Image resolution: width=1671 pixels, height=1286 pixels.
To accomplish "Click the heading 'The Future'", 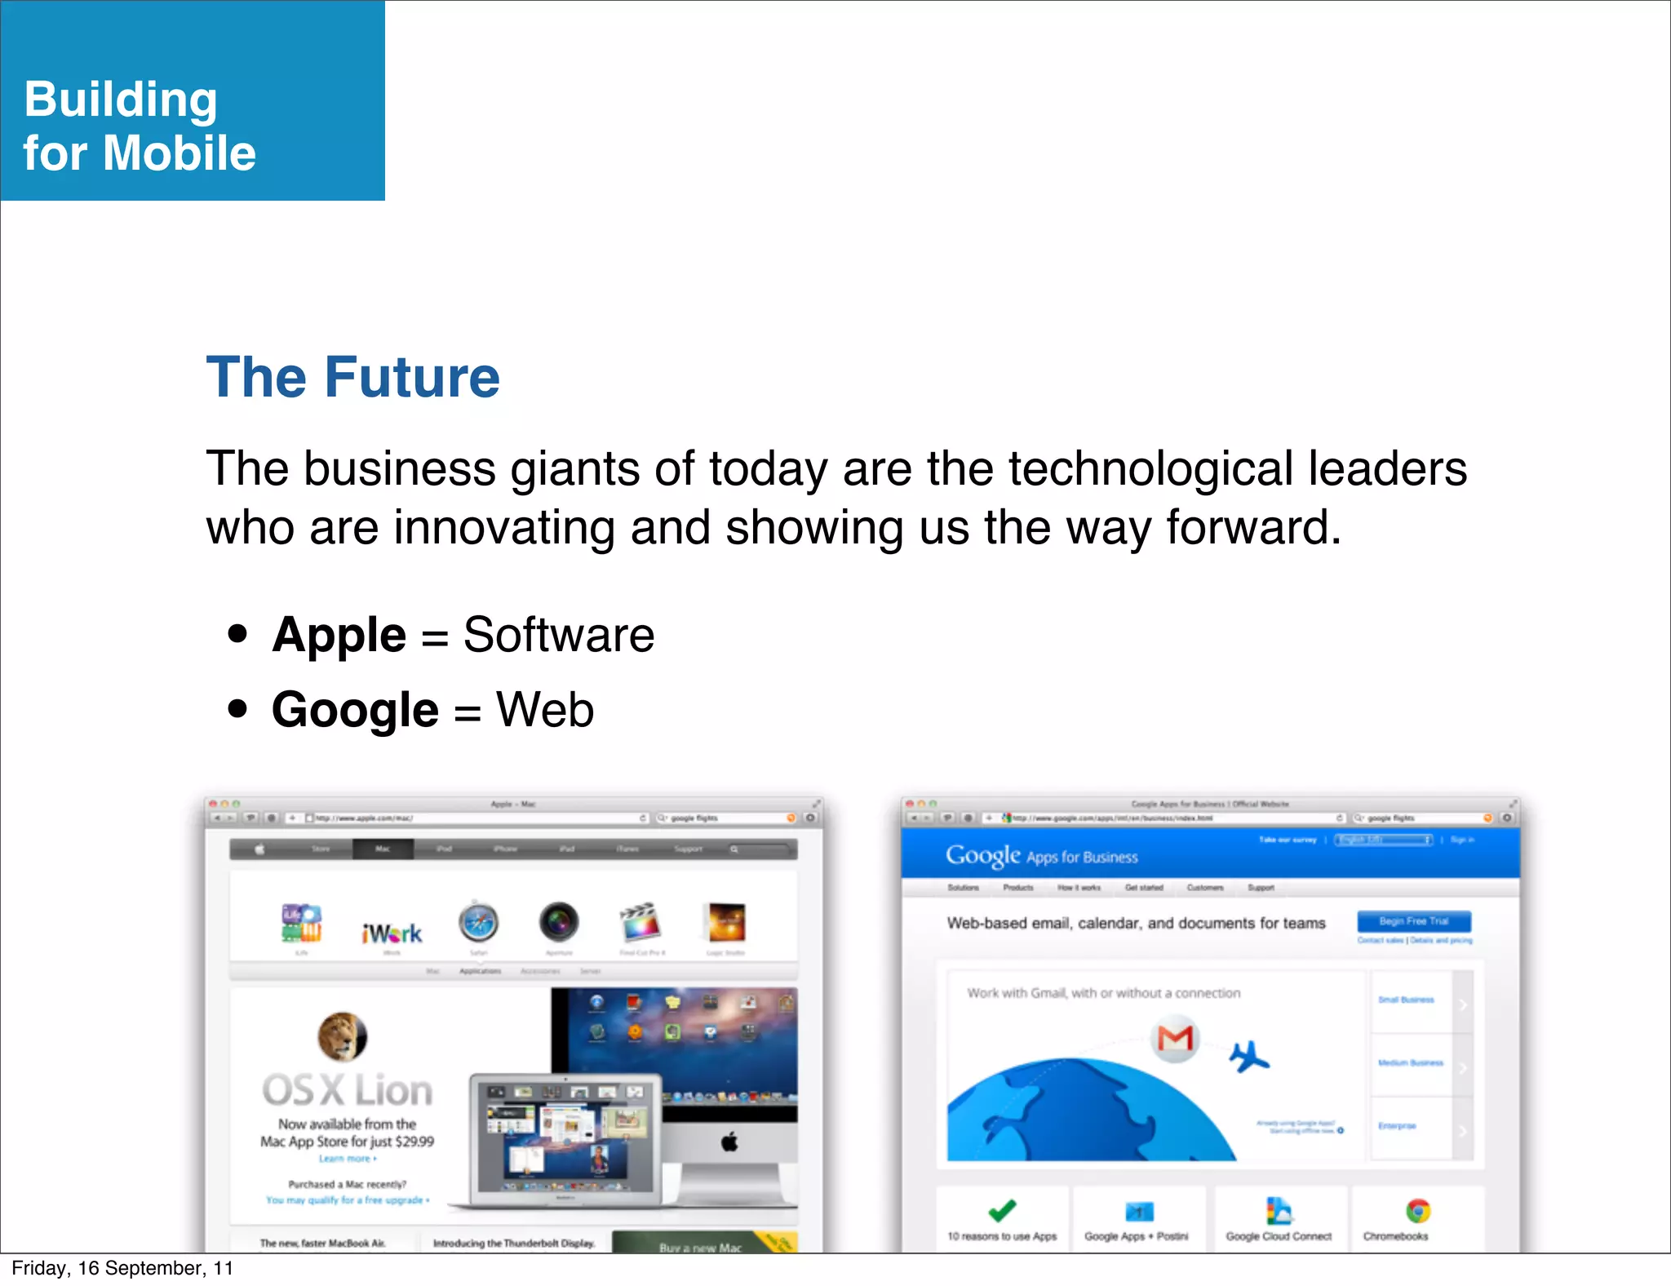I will [352, 378].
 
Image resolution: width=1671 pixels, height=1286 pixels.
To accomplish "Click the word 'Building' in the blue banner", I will [121, 100].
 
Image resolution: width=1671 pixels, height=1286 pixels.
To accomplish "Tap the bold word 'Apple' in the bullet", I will [339, 635].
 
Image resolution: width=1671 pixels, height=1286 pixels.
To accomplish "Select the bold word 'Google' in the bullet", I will [355, 709].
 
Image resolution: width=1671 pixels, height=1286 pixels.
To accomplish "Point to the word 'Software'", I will [558, 635].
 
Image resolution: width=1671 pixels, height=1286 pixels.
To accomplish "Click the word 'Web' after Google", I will [545, 709].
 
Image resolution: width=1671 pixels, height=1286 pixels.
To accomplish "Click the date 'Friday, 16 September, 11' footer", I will [122, 1268].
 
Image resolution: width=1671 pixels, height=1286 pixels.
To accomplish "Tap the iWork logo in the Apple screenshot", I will [392, 933].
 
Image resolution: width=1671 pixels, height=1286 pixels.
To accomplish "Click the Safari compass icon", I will [478, 924].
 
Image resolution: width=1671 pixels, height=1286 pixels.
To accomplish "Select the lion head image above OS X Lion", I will [342, 1036].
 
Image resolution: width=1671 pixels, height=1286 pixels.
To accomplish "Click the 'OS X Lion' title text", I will [348, 1090].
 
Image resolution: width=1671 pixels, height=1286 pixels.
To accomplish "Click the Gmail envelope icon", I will [1175, 1038].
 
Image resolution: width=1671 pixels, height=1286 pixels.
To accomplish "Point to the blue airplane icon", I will [1248, 1058].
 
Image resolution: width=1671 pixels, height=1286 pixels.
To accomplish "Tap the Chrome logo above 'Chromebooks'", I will [1418, 1210].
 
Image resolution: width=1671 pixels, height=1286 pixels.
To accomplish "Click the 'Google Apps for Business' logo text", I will [1041, 856].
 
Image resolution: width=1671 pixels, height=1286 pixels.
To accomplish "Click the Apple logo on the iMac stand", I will [729, 1142].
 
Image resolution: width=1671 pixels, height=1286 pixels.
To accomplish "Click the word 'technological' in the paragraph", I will [1150, 468].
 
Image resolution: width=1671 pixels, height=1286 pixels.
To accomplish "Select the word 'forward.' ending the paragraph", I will [1253, 527].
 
